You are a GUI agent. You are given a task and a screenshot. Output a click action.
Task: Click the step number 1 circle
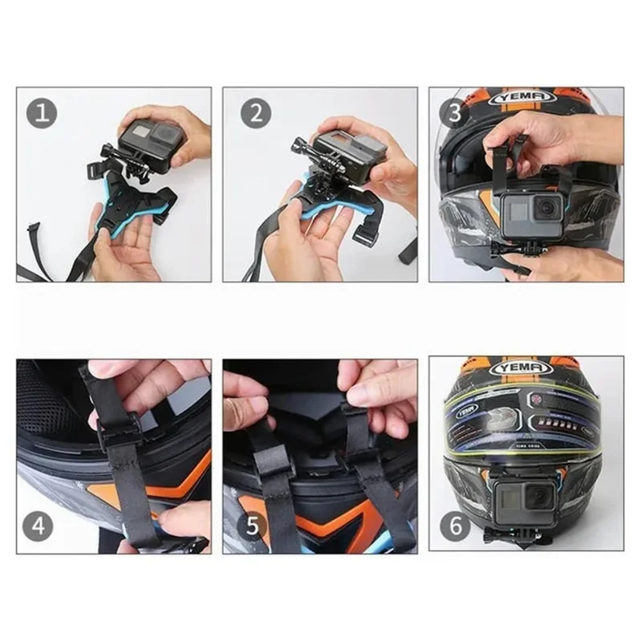tap(43, 113)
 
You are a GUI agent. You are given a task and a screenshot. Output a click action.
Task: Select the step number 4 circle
tap(43, 526)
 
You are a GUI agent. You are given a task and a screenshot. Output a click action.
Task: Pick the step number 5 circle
tap(253, 526)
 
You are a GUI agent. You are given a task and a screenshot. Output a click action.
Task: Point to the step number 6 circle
tap(455, 526)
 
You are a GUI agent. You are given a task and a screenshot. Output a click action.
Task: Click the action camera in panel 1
tap(146, 143)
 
